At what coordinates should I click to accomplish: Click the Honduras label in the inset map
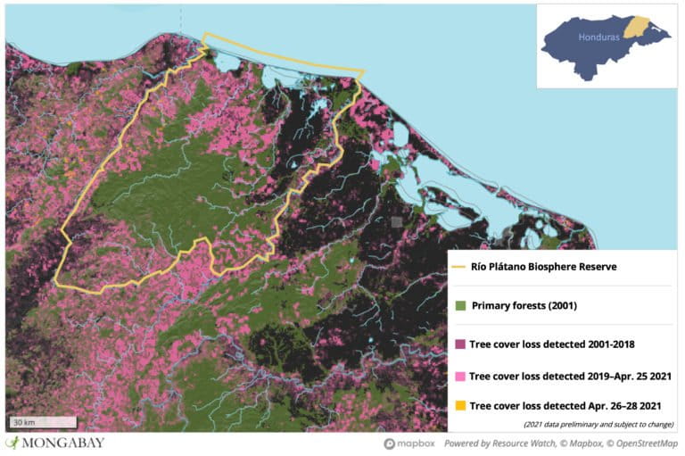598,39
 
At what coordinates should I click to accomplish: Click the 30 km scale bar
25,420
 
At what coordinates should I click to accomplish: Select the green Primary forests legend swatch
461,306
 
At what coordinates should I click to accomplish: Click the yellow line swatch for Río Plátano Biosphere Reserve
460,266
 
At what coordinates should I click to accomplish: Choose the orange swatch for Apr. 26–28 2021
461,406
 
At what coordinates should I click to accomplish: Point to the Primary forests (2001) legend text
524,306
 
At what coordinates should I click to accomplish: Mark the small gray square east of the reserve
397,220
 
